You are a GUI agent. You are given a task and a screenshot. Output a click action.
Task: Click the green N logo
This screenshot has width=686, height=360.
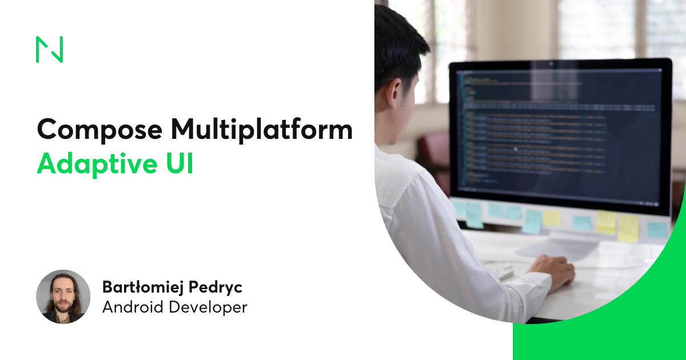click(49, 49)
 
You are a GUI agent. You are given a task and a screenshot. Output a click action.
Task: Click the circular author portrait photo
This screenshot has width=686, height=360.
click(63, 297)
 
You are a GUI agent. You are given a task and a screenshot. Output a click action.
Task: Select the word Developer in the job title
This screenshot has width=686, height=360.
click(209, 307)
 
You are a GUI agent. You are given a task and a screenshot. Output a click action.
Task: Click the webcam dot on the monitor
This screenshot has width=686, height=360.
click(552, 62)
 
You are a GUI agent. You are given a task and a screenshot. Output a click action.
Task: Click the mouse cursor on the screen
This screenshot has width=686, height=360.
click(515, 149)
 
